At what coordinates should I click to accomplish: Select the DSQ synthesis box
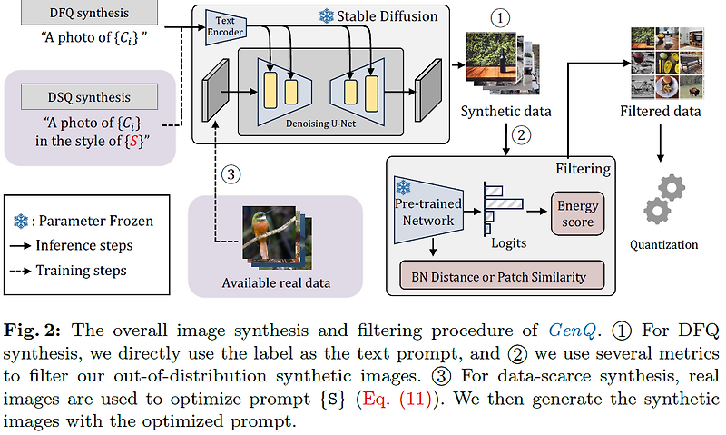89,97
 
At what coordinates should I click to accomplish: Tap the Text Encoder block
224,27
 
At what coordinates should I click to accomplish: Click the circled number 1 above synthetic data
502,16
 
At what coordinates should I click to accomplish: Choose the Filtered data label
660,112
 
